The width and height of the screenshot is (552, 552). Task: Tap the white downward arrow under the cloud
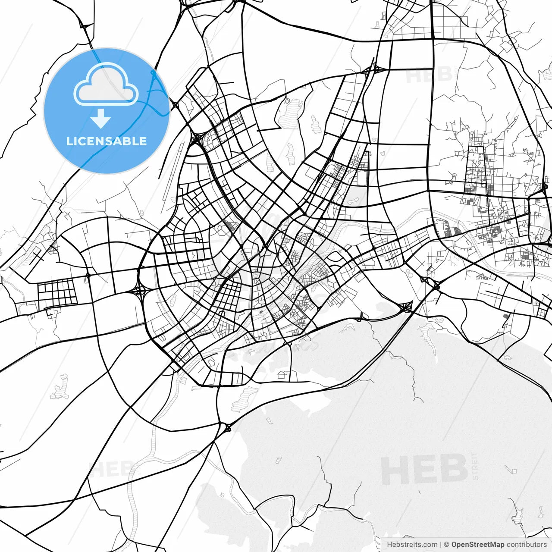pyautogui.click(x=101, y=118)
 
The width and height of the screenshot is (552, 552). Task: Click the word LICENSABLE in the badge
pyautogui.click(x=107, y=141)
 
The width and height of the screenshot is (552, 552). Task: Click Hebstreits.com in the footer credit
pyautogui.click(x=412, y=545)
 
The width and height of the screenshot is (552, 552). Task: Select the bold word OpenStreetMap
pyautogui.click(x=478, y=545)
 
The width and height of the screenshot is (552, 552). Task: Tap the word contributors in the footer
pyautogui.click(x=527, y=545)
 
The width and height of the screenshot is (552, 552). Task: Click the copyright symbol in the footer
pyautogui.click(x=447, y=545)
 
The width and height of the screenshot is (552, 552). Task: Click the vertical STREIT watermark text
pyautogui.click(x=475, y=466)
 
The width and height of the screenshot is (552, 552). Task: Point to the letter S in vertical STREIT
pyautogui.click(x=475, y=477)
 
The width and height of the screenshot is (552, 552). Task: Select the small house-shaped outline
pyautogui.click(x=282, y=374)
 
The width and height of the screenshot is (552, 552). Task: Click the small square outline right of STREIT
pyautogui.click(x=513, y=470)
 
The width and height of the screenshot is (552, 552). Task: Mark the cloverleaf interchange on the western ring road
pyautogui.click(x=140, y=291)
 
